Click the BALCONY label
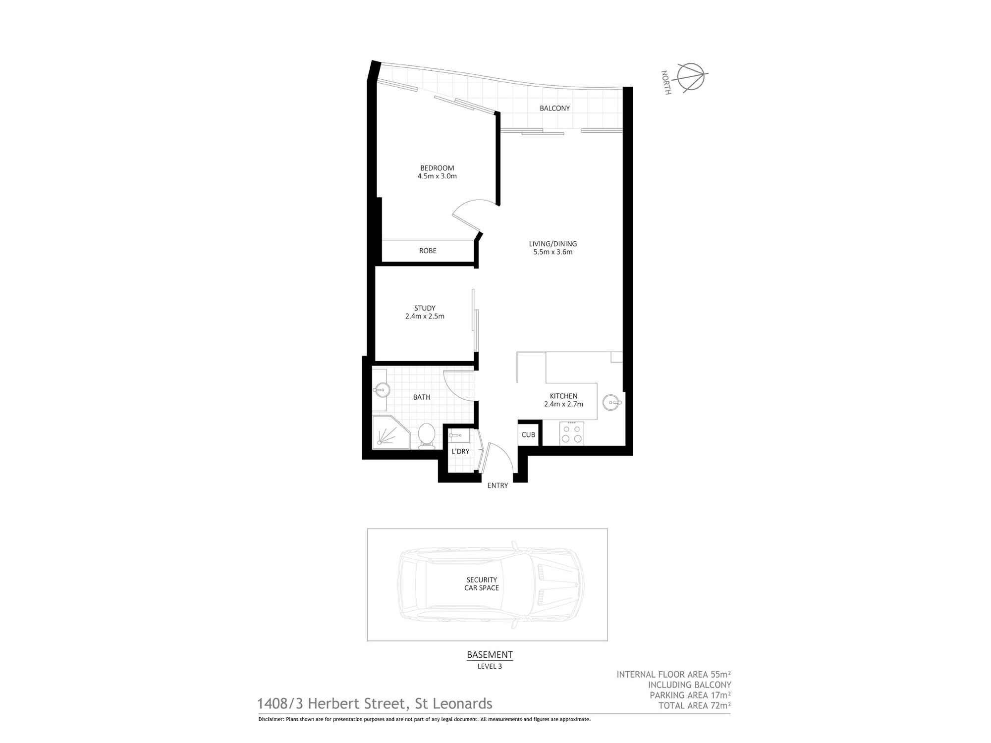(554, 108)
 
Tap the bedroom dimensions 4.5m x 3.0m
(437, 176)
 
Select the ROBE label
(428, 251)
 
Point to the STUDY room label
(425, 308)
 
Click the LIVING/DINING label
(553, 244)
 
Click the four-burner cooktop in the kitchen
(571, 433)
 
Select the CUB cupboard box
(528, 434)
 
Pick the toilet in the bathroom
(426, 435)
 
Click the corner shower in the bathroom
(390, 433)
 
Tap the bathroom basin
(381, 390)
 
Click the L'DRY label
(460, 451)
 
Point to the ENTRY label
(497, 485)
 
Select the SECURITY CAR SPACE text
(482, 584)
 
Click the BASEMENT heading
(490, 655)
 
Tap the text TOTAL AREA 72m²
(694, 706)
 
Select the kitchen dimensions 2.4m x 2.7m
(563, 404)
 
